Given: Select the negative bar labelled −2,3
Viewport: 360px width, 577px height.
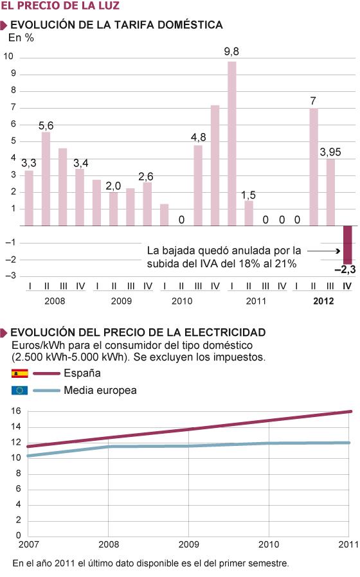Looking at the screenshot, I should coord(348,244).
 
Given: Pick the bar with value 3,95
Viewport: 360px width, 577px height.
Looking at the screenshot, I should coord(330,192).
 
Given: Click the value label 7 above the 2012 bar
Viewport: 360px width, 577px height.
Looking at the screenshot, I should coord(313,100).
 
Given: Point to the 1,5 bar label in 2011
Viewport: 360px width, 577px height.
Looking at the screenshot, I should coord(249,193).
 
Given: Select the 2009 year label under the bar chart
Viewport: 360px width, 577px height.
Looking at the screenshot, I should coord(122,301).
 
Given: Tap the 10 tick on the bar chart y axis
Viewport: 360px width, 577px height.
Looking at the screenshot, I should coord(9,57).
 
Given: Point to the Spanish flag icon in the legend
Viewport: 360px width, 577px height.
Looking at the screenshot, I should coord(19,373).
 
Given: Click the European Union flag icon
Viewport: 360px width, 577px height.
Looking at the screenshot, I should coord(19,390).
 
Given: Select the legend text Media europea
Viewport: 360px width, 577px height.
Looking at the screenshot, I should coord(100,390).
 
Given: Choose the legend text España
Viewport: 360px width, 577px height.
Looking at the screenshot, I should coord(82,373).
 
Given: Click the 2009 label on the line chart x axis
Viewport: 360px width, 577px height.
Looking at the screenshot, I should coord(188,545).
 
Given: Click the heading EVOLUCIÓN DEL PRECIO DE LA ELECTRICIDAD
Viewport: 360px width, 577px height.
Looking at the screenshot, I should coord(138,332).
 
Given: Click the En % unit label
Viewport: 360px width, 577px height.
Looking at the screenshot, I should coord(21,37).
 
